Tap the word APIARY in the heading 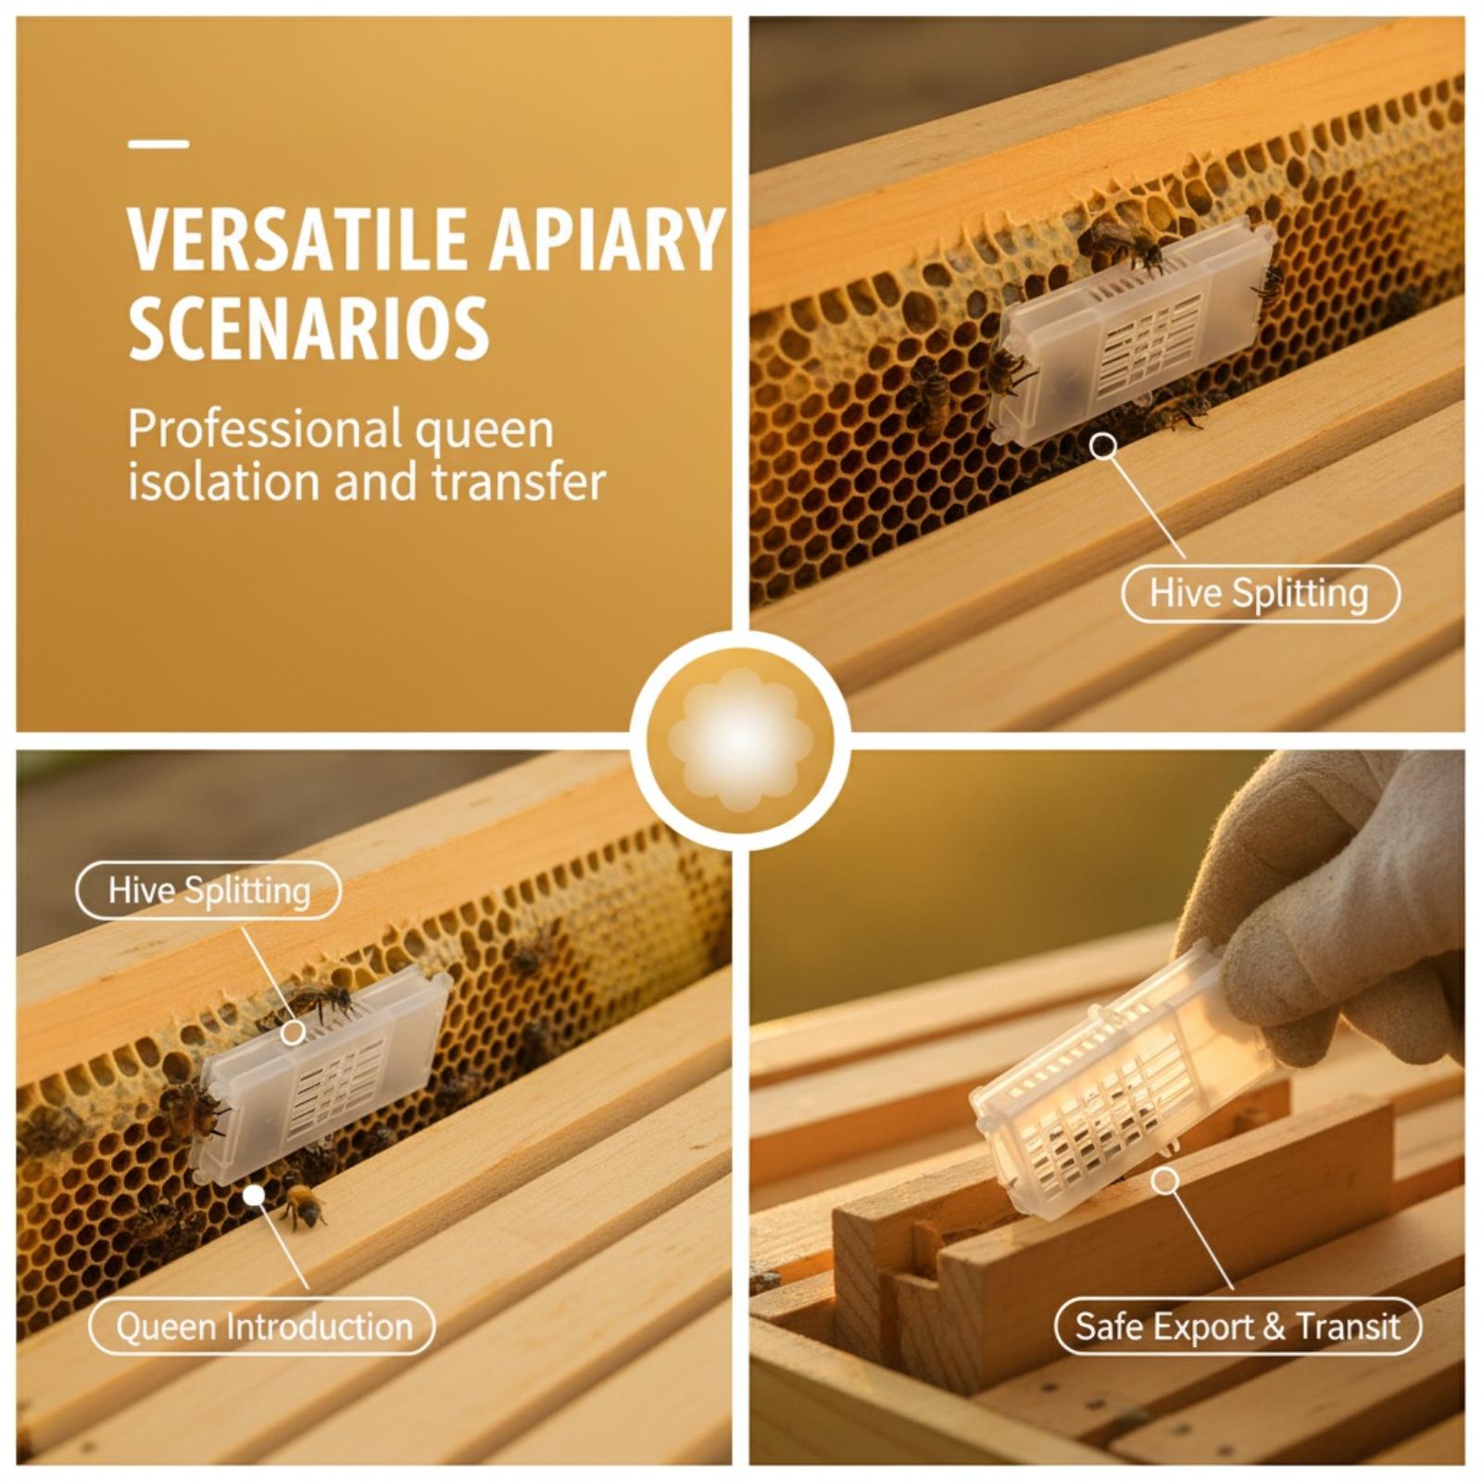(x=606, y=239)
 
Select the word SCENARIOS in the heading (x=308, y=328)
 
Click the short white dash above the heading (x=158, y=144)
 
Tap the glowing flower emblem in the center (x=740, y=740)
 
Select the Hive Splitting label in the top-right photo (x=1260, y=593)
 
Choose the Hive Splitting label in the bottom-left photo (x=208, y=890)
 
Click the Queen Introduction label (x=262, y=1326)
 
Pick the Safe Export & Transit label (x=1237, y=1326)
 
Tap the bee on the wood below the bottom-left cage (x=303, y=1206)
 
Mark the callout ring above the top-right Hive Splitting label (x=1103, y=446)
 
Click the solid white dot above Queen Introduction (x=254, y=1195)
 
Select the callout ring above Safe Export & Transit (x=1165, y=1180)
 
